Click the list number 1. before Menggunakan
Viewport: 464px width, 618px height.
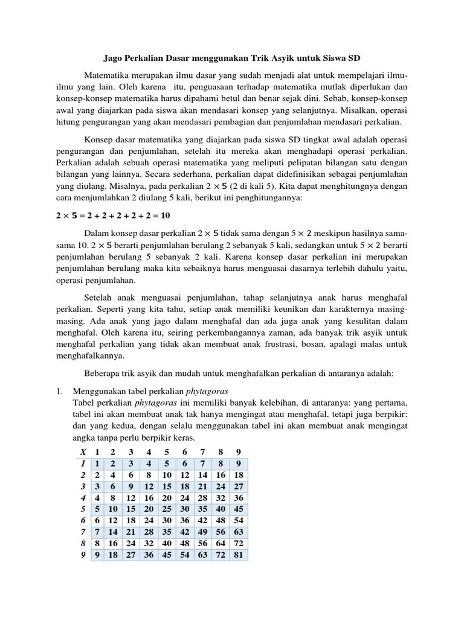pyautogui.click(x=59, y=391)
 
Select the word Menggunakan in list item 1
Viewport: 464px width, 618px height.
pyautogui.click(x=97, y=391)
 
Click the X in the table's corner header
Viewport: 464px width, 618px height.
pyautogui.click(x=83, y=452)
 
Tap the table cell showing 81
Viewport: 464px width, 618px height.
pyautogui.click(x=238, y=555)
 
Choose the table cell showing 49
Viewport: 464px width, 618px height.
pyautogui.click(x=202, y=532)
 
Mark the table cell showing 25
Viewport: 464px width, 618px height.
pyautogui.click(x=166, y=509)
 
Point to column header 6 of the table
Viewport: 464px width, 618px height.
pyautogui.click(x=184, y=452)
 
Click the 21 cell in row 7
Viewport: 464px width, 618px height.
pyautogui.click(x=131, y=532)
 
